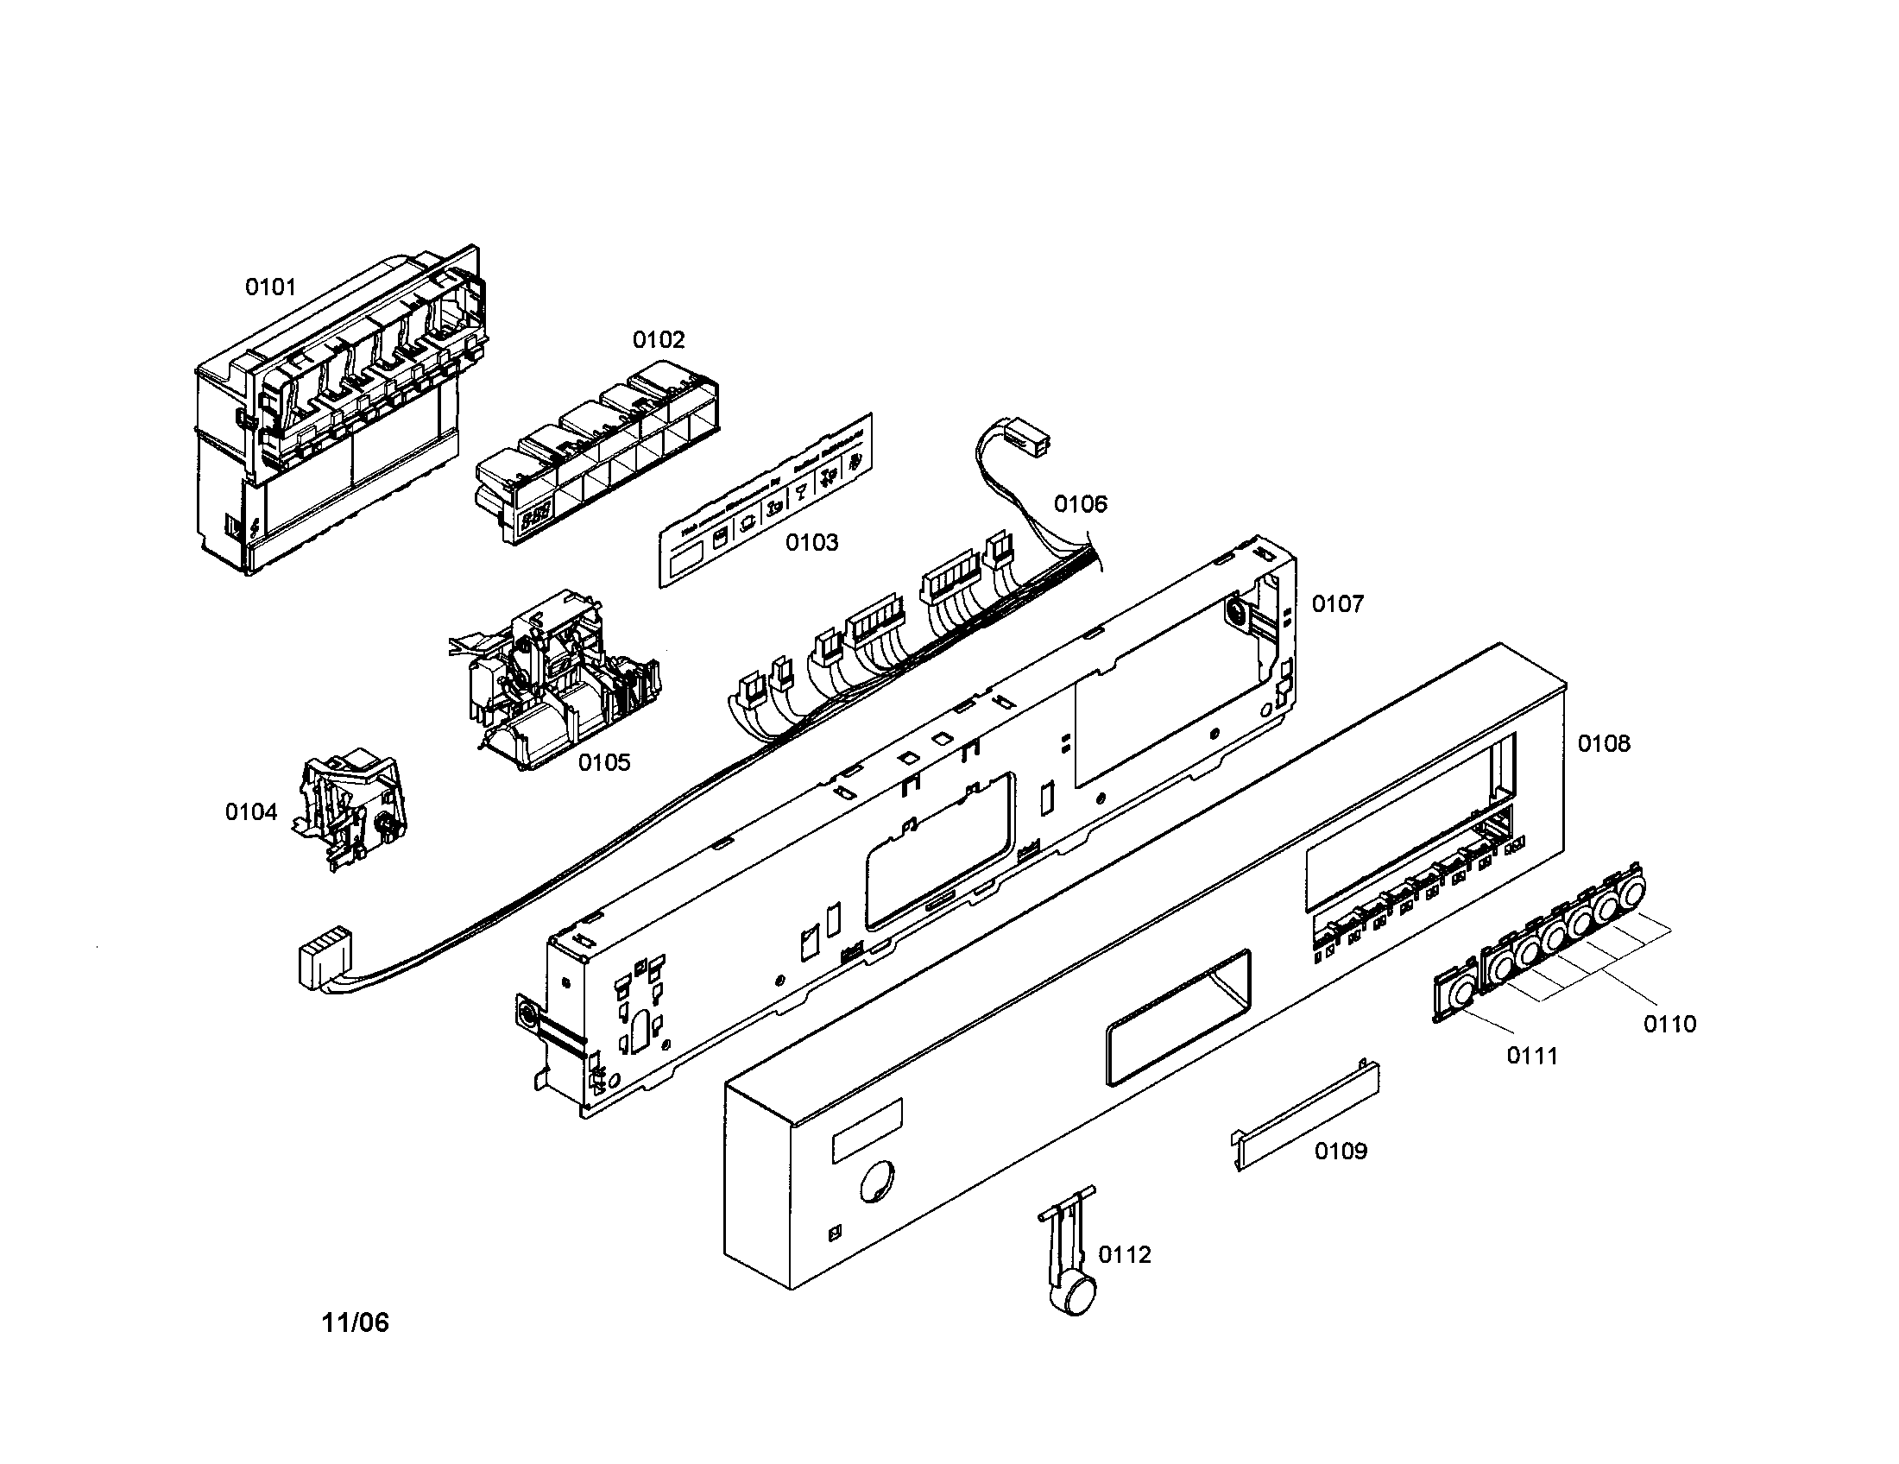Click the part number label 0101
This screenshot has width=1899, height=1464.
coord(270,287)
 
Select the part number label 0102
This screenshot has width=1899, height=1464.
coord(659,339)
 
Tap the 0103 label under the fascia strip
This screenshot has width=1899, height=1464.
coord(812,542)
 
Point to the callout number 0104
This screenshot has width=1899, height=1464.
coord(250,812)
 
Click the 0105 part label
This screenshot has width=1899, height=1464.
coord(604,762)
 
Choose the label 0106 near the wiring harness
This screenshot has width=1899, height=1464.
coord(1081,504)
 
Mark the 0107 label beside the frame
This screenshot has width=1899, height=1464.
coord(1337,603)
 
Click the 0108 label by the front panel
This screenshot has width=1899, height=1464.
coord(1605,743)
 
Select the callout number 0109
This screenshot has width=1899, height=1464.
coord(1341,1151)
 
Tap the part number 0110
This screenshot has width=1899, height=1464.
coord(1669,1024)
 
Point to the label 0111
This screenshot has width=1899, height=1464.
coord(1532,1056)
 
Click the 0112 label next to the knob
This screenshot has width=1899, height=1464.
coord(1124,1254)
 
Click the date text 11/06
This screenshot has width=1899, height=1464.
coord(356,1322)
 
